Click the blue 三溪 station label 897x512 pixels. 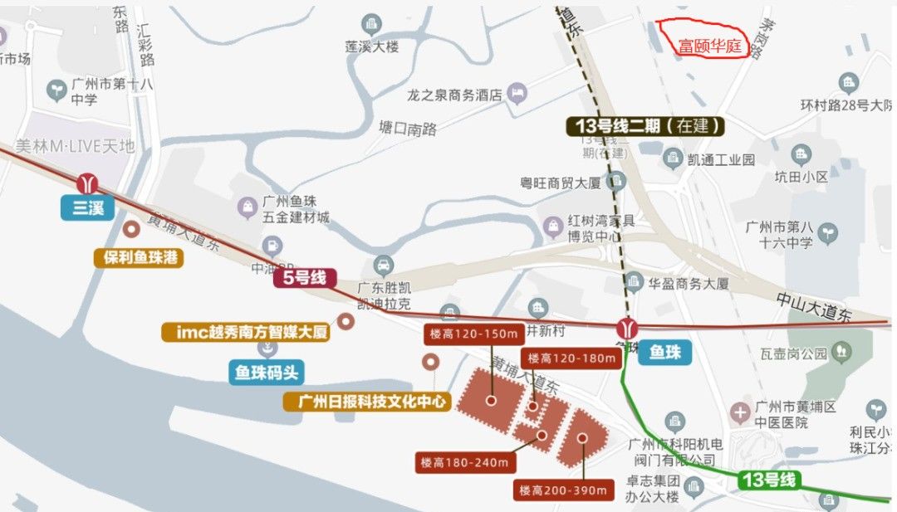(87, 207)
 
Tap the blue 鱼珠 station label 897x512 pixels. (664, 352)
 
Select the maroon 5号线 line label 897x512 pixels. (305, 277)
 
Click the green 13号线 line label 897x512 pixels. (769, 479)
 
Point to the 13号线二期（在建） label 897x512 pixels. (645, 126)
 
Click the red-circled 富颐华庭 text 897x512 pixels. (709, 46)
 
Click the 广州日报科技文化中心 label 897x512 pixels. (366, 402)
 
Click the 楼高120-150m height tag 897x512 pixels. (473, 334)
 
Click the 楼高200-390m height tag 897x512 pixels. (564, 490)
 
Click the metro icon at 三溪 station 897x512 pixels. (87, 183)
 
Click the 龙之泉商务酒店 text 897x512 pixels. (455, 95)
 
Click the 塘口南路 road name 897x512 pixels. (407, 129)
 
